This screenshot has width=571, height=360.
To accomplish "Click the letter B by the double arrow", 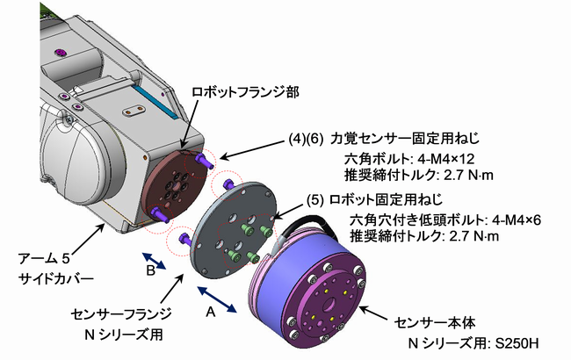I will point(149,271).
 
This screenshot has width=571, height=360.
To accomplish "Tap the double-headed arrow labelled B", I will point(158,262).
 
